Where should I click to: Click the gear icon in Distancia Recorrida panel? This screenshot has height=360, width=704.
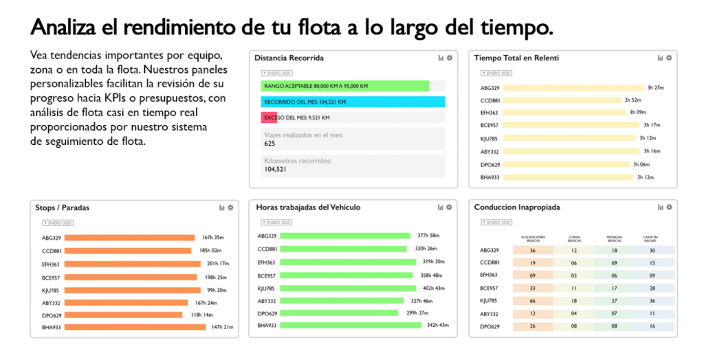tap(449, 58)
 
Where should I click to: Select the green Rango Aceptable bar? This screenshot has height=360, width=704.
tap(344, 86)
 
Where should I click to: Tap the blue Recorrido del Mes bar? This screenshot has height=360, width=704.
tap(353, 102)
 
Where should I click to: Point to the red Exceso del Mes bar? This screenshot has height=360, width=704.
tap(269, 117)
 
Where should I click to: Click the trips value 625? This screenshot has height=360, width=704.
tap(269, 144)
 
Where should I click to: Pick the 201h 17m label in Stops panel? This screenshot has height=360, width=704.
tap(217, 264)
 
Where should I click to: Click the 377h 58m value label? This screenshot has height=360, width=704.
tap(428, 236)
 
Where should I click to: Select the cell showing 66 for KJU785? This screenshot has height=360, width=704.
tap(533, 301)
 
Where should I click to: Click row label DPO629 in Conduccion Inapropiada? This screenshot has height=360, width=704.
tap(489, 326)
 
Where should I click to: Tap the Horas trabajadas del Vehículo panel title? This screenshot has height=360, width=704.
tap(308, 207)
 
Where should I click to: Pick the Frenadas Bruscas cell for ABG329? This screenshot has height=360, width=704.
tap(614, 251)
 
